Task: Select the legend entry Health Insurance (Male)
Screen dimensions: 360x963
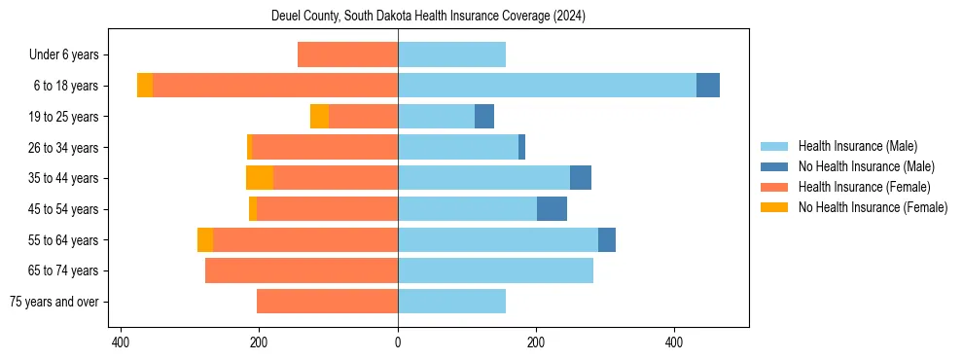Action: (857, 146)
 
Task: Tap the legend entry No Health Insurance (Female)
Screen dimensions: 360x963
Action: (873, 207)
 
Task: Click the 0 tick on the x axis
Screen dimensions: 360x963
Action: (398, 342)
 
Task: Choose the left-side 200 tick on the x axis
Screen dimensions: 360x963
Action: (260, 342)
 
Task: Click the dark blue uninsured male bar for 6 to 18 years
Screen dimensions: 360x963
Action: (708, 86)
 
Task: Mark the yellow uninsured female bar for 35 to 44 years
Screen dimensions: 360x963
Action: (260, 178)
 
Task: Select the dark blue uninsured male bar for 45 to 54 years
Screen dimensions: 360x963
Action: (552, 209)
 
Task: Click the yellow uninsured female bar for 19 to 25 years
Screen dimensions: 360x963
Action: (319, 117)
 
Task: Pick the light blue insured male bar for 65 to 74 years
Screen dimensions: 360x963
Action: (495, 270)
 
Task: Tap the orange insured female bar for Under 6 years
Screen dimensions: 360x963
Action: (347, 54)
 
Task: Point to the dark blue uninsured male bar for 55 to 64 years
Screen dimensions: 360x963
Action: (607, 239)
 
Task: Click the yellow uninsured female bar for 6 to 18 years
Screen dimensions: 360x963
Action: (145, 86)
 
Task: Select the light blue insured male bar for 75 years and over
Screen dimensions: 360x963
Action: (451, 302)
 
